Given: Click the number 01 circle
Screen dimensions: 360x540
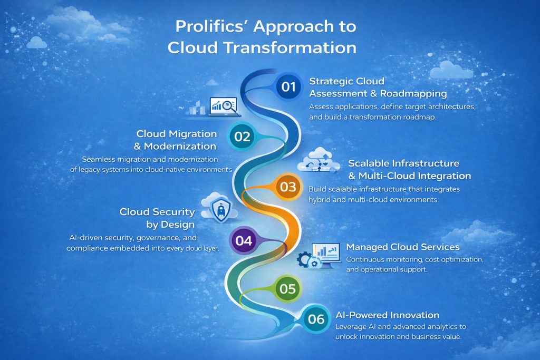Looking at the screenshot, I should [x=288, y=87].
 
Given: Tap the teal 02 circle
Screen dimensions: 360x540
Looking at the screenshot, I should [x=242, y=137].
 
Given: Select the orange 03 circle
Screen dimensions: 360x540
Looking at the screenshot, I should [x=288, y=187].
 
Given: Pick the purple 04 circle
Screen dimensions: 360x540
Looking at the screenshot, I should [x=243, y=241].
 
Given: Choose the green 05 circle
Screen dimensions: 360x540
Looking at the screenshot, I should [x=287, y=289].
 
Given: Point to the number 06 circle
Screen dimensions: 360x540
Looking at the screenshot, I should [x=316, y=319].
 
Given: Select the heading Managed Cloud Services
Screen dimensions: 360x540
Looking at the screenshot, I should [x=403, y=247].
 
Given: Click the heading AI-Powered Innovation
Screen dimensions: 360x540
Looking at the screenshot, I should [x=388, y=315].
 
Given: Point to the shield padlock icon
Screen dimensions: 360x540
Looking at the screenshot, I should [x=218, y=209].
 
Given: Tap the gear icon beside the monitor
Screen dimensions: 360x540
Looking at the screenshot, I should [x=305, y=259].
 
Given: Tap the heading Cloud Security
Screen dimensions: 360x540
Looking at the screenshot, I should [x=157, y=212].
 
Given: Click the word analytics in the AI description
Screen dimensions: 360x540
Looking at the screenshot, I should [x=421, y=327].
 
